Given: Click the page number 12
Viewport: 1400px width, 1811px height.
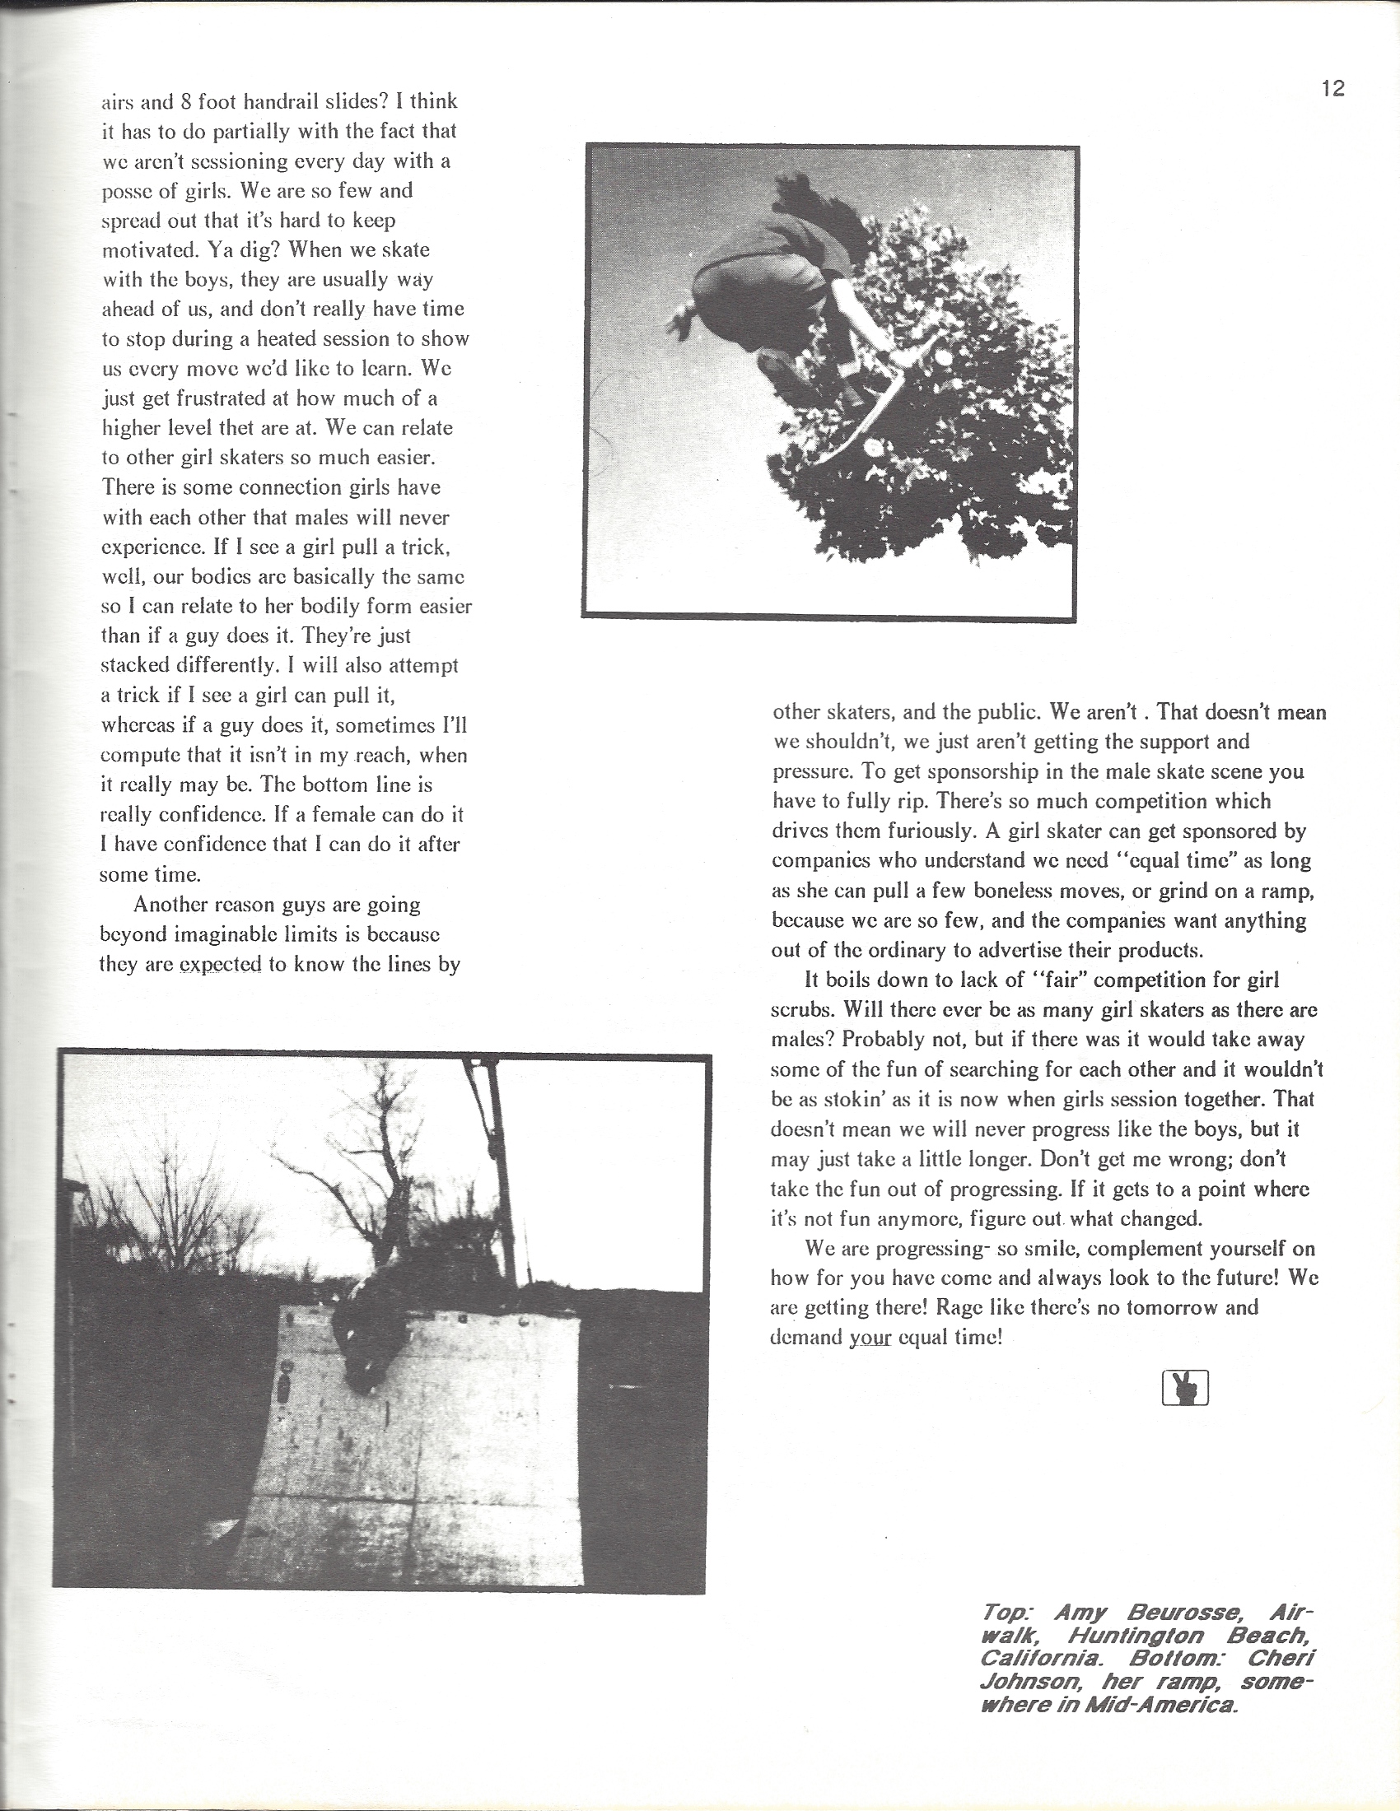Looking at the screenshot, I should [x=1332, y=88].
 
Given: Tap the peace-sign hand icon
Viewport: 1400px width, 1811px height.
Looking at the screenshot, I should [x=1185, y=1387].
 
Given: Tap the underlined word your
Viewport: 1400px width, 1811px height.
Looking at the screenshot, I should [x=870, y=1338].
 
